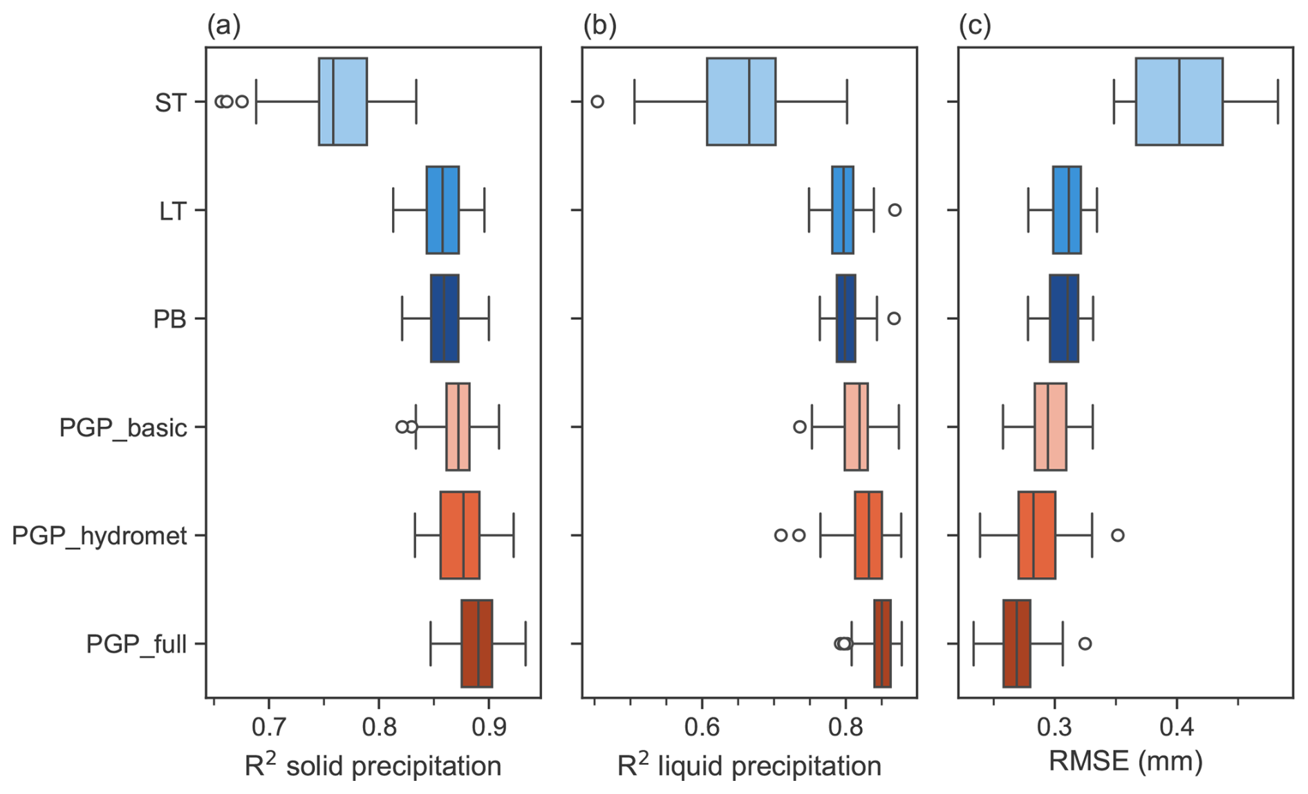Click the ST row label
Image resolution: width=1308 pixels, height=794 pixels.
click(170, 103)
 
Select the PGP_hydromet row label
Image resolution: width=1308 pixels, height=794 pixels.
click(100, 536)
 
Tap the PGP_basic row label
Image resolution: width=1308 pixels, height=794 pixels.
click(123, 428)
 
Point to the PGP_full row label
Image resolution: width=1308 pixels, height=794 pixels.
click(136, 645)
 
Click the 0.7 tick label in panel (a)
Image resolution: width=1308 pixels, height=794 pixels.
click(268, 727)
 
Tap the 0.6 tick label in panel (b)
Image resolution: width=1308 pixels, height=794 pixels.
click(702, 727)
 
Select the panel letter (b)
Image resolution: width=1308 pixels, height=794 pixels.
click(599, 26)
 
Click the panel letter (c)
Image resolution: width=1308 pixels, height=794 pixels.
click(975, 26)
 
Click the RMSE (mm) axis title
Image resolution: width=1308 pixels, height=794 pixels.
click(1125, 762)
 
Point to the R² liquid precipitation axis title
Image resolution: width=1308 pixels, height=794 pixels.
click(749, 766)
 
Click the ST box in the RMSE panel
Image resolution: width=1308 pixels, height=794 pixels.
click(1179, 102)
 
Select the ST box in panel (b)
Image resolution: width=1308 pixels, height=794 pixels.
click(740, 102)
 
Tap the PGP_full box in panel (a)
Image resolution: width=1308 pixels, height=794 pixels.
click(476, 643)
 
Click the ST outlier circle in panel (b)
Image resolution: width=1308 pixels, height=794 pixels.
click(597, 102)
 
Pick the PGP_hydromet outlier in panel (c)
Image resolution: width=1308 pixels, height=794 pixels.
click(1117, 535)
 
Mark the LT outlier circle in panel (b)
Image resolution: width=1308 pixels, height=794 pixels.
click(895, 210)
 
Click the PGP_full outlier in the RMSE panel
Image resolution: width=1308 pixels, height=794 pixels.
click(1085, 643)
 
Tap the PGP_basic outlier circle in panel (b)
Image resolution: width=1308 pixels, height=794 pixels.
click(800, 427)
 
